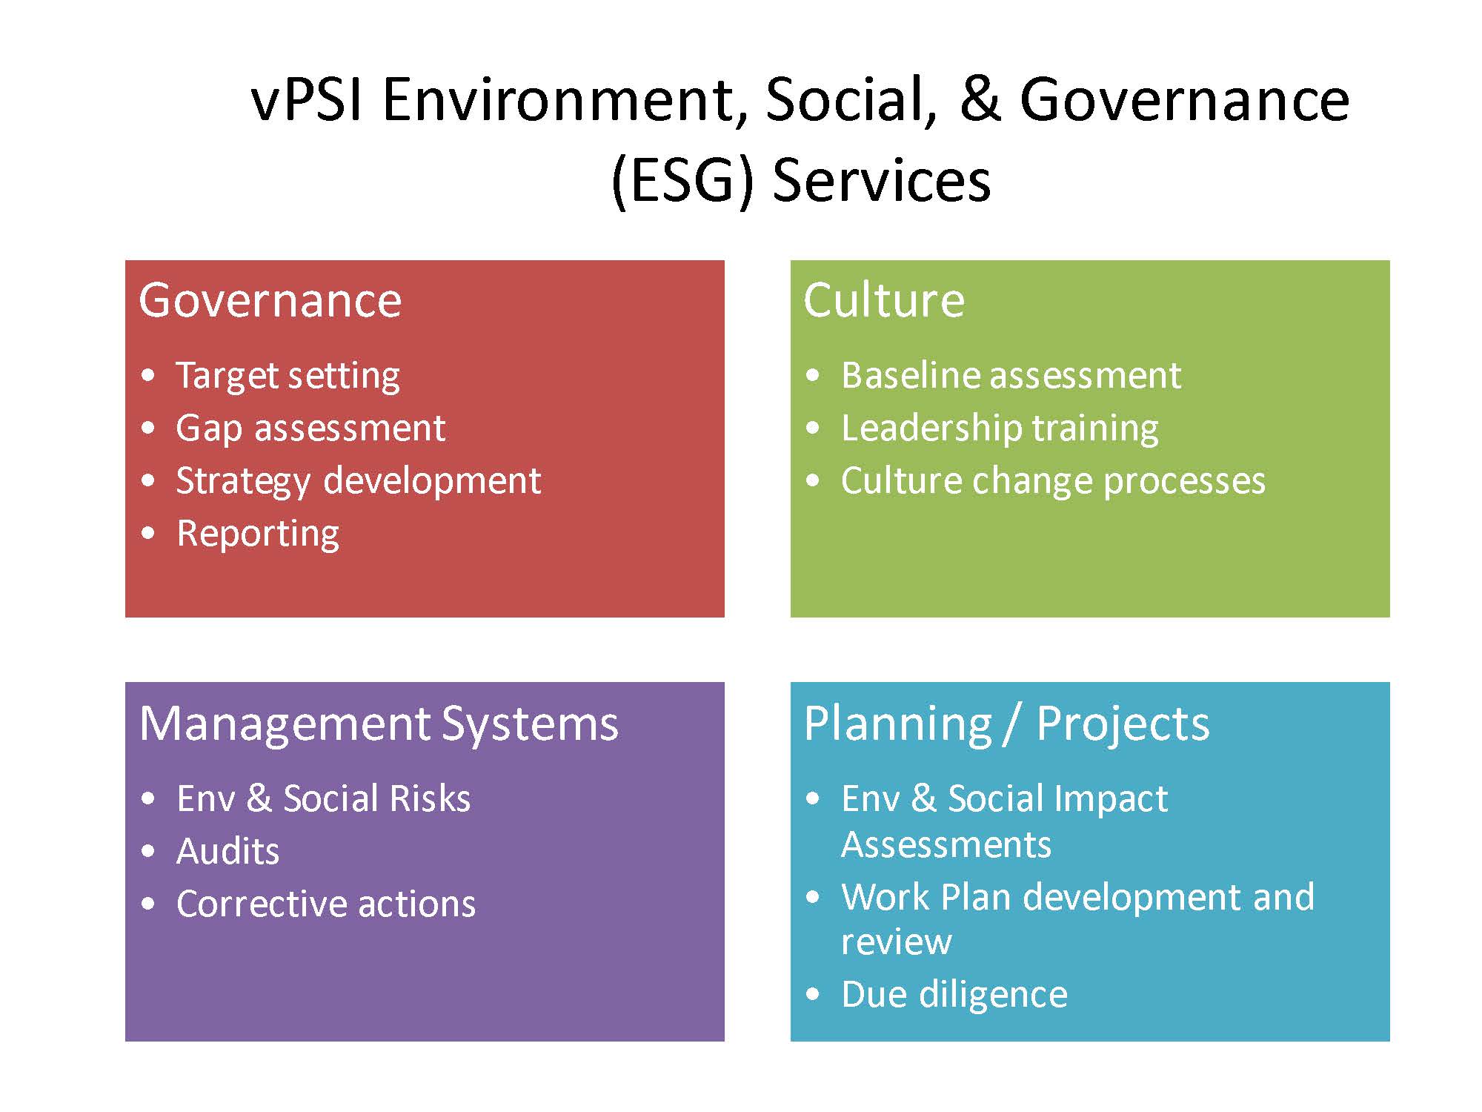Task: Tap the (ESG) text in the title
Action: (682, 182)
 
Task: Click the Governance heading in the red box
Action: (270, 300)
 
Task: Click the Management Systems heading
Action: (379, 724)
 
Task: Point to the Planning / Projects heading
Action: (1006, 724)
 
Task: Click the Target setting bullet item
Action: (288, 377)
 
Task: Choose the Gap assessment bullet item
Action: (310, 429)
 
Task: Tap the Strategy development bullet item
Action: (359, 482)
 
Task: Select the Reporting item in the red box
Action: (258, 535)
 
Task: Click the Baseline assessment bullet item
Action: (1011, 375)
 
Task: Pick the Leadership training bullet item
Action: (1000, 429)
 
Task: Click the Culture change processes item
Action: (1053, 482)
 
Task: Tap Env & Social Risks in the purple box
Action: (324, 798)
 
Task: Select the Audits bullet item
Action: (228, 851)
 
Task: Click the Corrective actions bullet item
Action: (326, 904)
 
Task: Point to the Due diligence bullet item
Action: (954, 995)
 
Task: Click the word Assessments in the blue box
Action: (946, 844)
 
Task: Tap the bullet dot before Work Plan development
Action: (814, 898)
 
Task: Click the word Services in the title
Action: (882, 182)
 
